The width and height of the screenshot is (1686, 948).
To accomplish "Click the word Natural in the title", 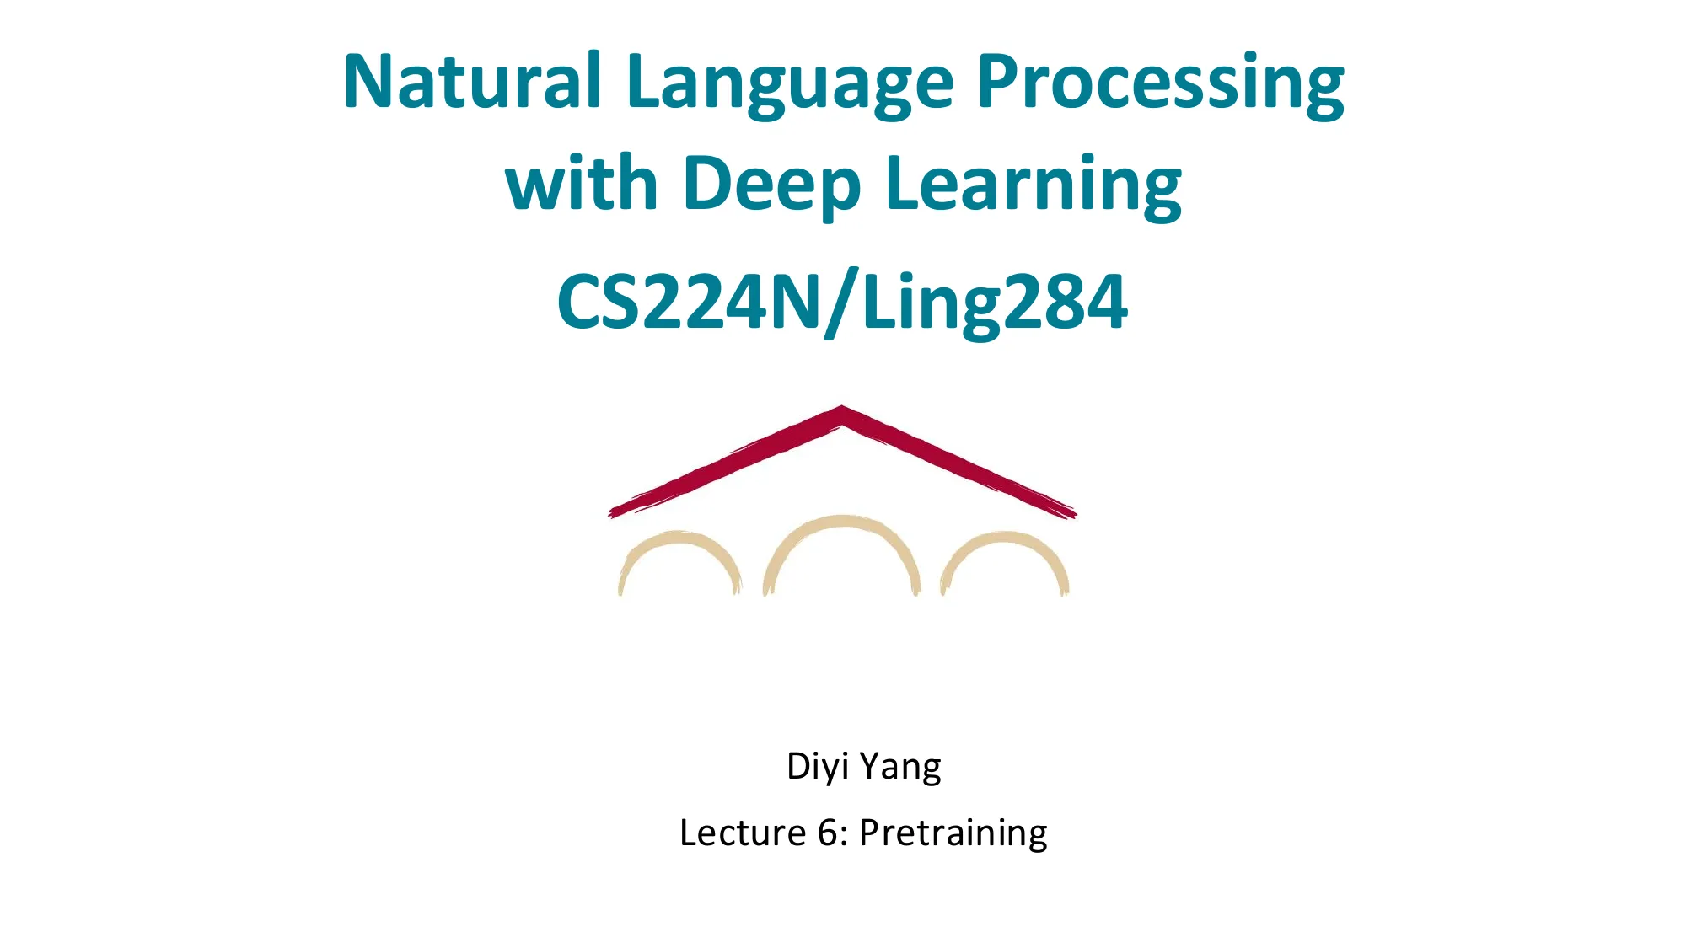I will [472, 82].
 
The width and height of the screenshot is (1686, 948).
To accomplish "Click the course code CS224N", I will [688, 302].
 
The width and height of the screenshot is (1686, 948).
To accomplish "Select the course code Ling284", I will [995, 303].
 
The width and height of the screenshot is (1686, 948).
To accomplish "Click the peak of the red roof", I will [842, 411].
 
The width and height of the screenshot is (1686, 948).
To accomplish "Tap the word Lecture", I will [742, 833].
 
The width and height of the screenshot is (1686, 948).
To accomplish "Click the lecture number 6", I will [828, 833].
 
